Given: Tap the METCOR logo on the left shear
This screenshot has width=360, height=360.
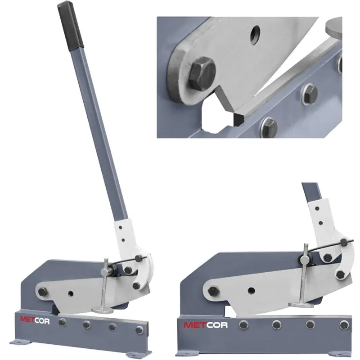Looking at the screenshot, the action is (x=35, y=320).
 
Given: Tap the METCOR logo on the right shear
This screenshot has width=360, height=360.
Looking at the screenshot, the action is (x=206, y=325).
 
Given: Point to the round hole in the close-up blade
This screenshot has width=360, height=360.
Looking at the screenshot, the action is (x=255, y=35).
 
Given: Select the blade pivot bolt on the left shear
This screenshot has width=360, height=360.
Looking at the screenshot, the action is (x=42, y=292).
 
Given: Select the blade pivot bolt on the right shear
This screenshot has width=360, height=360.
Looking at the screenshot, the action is (x=213, y=291).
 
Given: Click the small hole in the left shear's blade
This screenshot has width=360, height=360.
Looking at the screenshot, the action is (x=71, y=293).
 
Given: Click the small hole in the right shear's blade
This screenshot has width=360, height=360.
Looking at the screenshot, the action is (x=252, y=291).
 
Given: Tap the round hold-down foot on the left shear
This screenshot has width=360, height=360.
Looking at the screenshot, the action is (x=103, y=310).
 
